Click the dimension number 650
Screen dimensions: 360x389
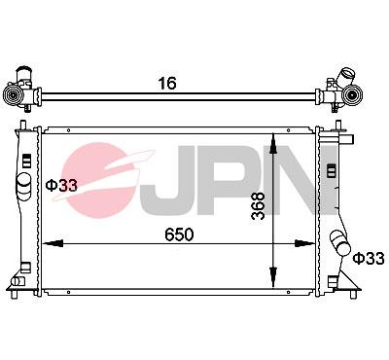coord(179,234)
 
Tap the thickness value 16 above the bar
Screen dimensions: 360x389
coord(167,84)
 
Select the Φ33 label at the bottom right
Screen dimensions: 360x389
coord(369,258)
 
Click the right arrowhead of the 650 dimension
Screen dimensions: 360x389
coord(309,244)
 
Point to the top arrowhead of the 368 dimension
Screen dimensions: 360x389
coord(277,138)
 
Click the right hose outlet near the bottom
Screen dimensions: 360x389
coord(339,242)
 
